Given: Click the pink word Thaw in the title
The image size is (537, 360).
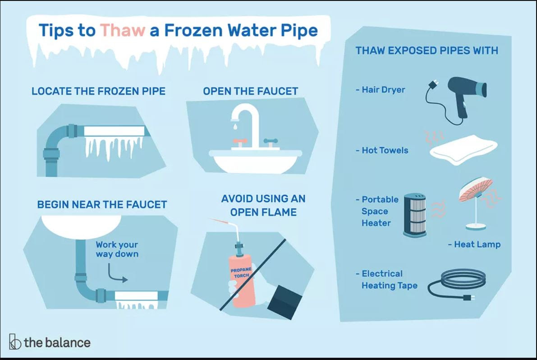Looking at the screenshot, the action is [123, 30].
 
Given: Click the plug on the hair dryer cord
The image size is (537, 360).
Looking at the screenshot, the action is [433, 84].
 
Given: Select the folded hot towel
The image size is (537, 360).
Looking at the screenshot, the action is [463, 149].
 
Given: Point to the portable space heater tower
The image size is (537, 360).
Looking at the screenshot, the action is [415, 215].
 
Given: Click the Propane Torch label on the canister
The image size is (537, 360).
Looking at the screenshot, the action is [241, 272].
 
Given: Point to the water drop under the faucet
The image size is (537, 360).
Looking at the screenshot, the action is [235, 126].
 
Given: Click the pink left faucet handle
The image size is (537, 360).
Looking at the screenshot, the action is [240, 141].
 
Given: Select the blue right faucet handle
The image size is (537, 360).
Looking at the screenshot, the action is [271, 141].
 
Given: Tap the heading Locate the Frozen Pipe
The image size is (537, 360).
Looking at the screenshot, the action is [98, 91].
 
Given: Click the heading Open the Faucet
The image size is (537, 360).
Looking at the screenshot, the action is [250, 91].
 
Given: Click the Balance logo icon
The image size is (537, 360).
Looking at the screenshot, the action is [15, 342].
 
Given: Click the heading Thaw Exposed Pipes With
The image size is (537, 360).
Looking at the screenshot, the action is [427, 51].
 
